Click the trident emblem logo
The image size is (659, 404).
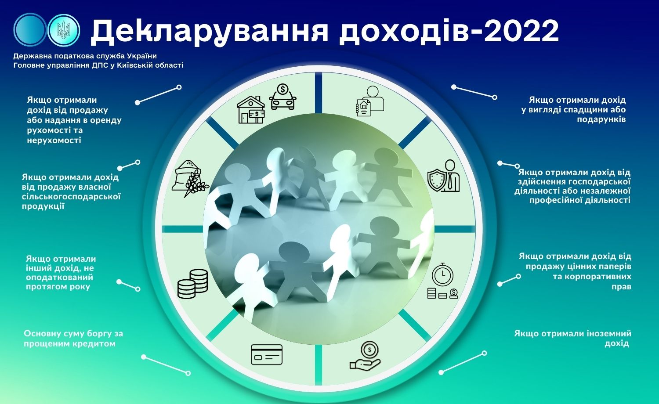(x=64, y=30)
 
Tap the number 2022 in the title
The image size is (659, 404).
(x=521, y=31)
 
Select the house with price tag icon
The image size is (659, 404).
(x=251, y=109)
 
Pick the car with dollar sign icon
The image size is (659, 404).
(x=283, y=97)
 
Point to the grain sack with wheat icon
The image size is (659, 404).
(x=190, y=178)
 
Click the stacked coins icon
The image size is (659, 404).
(x=193, y=284)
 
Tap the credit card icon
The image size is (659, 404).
(x=267, y=355)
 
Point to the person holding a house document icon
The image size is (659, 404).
(x=370, y=101)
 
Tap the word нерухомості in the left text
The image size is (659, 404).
(x=54, y=140)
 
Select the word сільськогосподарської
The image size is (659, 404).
(x=71, y=196)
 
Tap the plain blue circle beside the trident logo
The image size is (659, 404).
(x=30, y=29)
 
